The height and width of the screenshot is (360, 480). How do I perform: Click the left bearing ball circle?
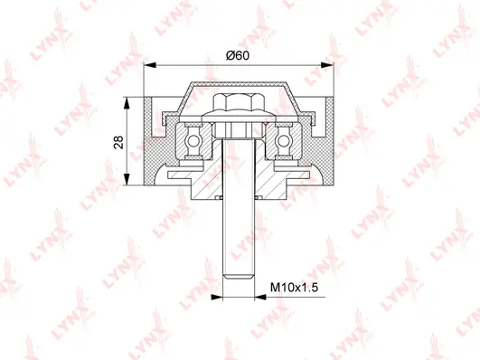(194, 141)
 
